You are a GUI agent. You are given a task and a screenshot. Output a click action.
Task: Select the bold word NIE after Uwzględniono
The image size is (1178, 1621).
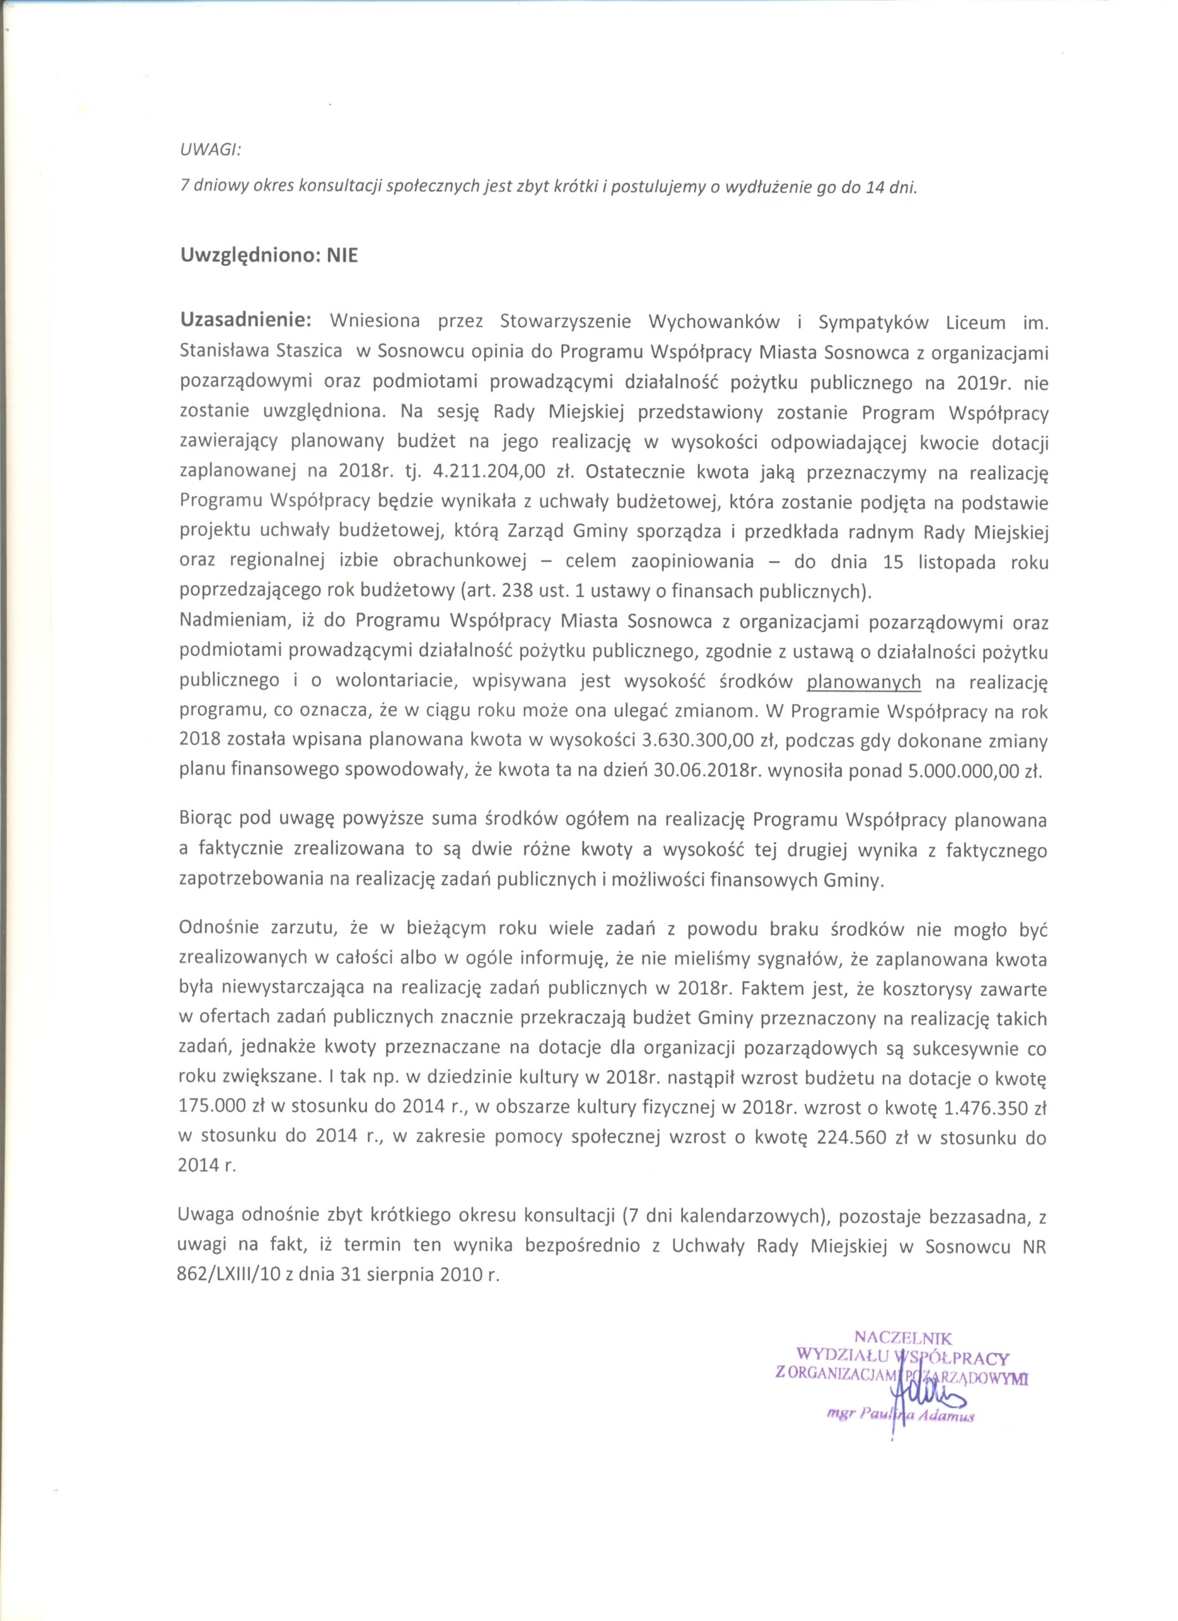coord(343,256)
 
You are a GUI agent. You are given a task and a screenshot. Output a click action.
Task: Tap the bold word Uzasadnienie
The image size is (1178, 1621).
coord(245,321)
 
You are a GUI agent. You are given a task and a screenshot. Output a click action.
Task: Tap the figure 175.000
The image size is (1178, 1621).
coord(213,1109)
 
